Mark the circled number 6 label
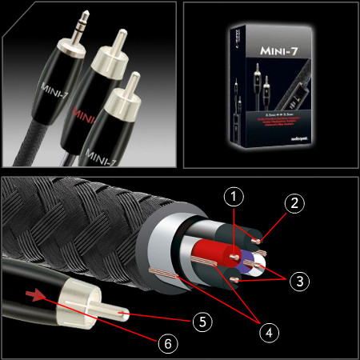tap(166, 342)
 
